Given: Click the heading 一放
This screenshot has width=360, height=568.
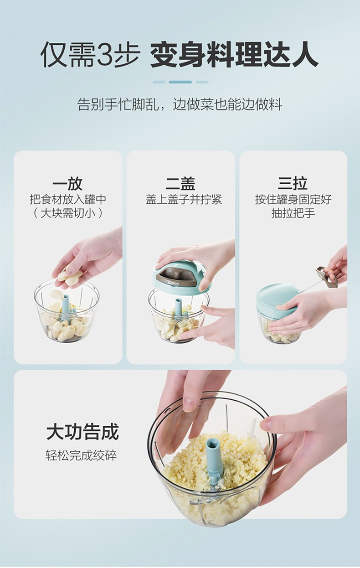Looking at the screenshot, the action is coord(67,184).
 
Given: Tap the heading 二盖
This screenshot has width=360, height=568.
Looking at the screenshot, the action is coord(180,184).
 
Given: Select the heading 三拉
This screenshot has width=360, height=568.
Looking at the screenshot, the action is coord(293,184).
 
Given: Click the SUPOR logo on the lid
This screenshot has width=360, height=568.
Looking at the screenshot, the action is coord(174,284).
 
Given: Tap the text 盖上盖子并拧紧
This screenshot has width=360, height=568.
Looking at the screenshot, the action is coord(184,200).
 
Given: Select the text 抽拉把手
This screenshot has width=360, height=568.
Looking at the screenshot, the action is coord(293,213).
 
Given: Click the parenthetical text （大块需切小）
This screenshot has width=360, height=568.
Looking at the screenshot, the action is coord(68,213).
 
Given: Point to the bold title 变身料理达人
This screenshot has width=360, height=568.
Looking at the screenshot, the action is coord(235,55).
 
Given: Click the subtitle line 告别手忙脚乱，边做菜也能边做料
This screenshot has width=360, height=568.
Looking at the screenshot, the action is coord(180,104).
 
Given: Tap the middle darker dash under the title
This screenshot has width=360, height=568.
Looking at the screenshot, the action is coord(180,82).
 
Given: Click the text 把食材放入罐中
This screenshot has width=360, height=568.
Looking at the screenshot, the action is coord(68,200).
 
